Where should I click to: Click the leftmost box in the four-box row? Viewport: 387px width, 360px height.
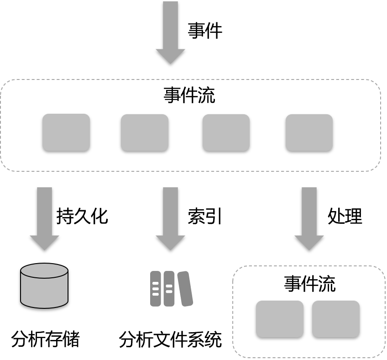pos(66,132)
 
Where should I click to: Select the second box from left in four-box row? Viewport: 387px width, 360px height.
pos(145,132)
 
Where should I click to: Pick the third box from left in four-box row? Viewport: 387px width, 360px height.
pos(226,132)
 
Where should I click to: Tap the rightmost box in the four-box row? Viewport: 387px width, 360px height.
pos(309,132)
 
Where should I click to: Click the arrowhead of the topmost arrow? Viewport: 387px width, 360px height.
pos(170,56)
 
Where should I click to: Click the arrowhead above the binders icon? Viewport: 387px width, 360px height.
pos(170,242)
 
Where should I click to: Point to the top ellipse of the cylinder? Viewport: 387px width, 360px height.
pos(44,271)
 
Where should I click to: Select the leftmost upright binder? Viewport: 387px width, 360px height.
pos(156,289)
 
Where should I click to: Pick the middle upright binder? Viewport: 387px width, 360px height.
pos(169,289)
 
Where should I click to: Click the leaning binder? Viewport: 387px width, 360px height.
pos(185,289)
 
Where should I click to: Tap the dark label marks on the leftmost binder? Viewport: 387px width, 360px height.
pos(155,289)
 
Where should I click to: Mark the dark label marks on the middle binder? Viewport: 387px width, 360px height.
pos(169,289)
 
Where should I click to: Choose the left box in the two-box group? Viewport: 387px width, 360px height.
pos(279,318)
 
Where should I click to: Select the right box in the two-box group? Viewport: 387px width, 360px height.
pos(335,318)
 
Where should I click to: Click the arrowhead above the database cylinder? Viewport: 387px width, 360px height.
pos(44,242)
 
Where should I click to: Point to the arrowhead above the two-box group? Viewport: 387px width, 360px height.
pos(309,242)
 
